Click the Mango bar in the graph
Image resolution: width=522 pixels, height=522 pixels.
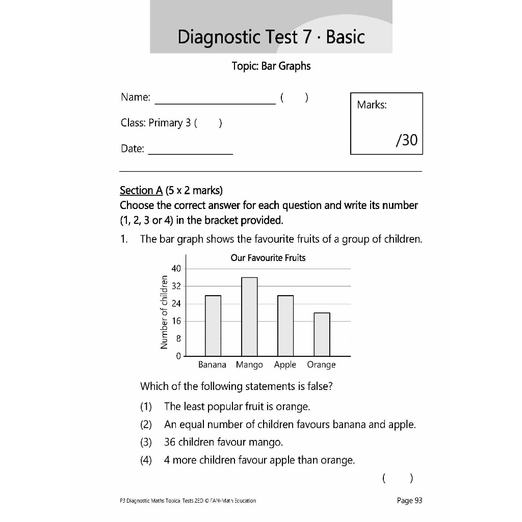point(249,317)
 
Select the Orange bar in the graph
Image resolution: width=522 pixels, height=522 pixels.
point(322,334)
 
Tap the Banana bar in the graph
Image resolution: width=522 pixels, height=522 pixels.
point(213,326)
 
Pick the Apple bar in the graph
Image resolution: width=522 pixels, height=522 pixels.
point(285,326)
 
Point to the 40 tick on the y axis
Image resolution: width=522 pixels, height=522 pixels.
point(175,269)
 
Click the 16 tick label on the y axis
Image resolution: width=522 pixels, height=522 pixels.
point(175,321)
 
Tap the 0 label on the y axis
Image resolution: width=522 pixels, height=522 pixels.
point(178,356)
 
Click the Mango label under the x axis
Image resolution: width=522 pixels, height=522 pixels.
point(249,364)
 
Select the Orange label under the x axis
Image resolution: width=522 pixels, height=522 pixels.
point(321,364)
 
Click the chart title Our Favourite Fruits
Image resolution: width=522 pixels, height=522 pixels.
point(268,258)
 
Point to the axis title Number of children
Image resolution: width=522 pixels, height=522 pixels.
point(164,312)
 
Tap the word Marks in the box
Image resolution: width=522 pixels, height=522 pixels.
point(372,105)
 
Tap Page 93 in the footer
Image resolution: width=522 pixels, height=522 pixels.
point(409,501)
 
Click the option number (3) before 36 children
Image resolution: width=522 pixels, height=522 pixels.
point(146,442)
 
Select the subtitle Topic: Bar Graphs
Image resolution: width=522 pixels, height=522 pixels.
point(271,66)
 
